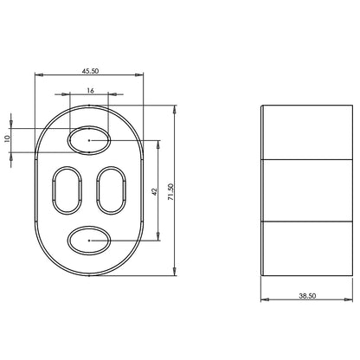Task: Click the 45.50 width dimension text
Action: point(90,71)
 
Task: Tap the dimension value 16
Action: point(90,91)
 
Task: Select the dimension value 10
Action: point(8,138)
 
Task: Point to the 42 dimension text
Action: point(155,192)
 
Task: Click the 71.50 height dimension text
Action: point(170,192)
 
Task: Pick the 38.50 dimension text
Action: point(307,296)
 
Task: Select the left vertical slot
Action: point(54,190)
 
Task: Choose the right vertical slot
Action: point(97,190)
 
